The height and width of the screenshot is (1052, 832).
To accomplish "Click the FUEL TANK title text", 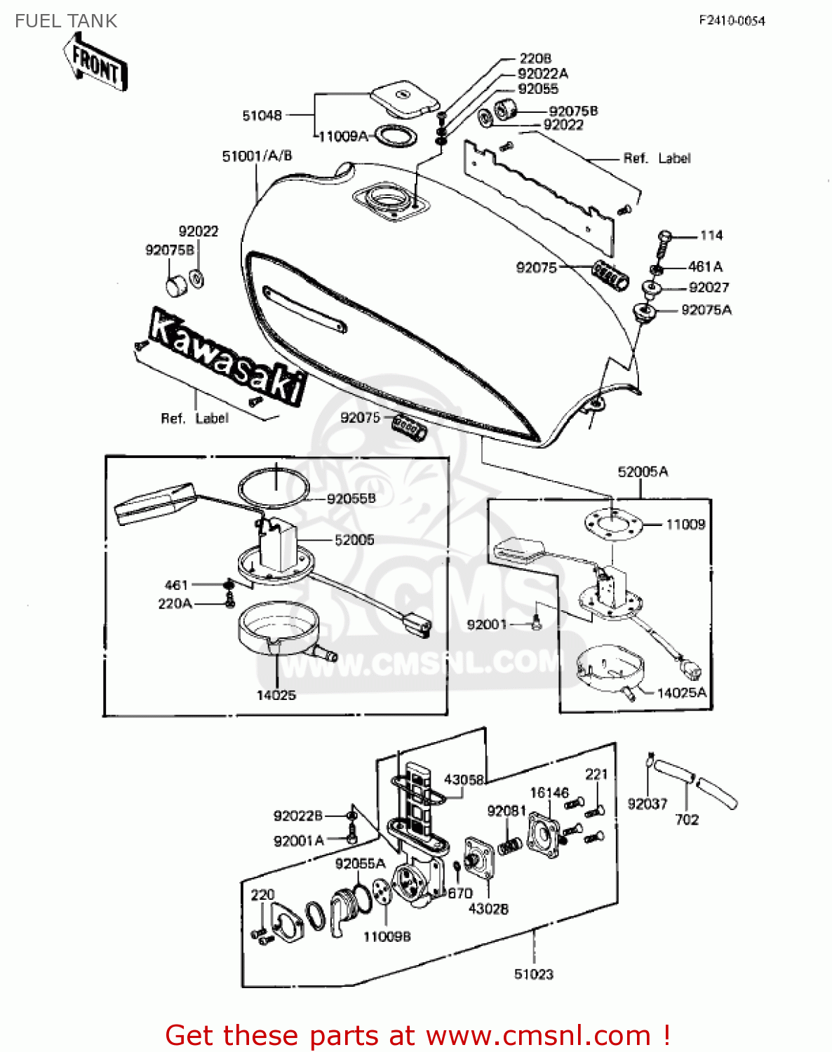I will (x=66, y=21).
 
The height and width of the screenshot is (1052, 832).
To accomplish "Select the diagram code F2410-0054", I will (x=732, y=21).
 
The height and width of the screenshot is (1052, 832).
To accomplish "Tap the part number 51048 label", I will (x=262, y=116).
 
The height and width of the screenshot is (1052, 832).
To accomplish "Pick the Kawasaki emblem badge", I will (x=228, y=357).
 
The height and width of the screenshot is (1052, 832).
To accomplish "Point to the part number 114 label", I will (x=711, y=236).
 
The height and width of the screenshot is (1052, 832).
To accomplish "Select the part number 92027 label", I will (x=709, y=288).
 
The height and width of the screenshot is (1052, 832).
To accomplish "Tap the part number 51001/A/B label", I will (x=257, y=156).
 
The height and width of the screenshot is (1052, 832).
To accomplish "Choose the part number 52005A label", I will (x=643, y=472).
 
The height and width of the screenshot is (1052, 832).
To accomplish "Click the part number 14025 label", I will (x=276, y=695).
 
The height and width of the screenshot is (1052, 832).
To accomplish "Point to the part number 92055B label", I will (x=351, y=499).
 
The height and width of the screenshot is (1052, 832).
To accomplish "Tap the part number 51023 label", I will (x=533, y=974).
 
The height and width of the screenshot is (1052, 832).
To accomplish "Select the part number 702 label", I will (x=687, y=819).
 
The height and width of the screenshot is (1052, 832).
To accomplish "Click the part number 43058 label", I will (x=464, y=780).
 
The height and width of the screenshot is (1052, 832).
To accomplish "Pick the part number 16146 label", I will (x=549, y=793).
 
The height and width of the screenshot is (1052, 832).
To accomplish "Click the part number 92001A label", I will (x=299, y=841).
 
